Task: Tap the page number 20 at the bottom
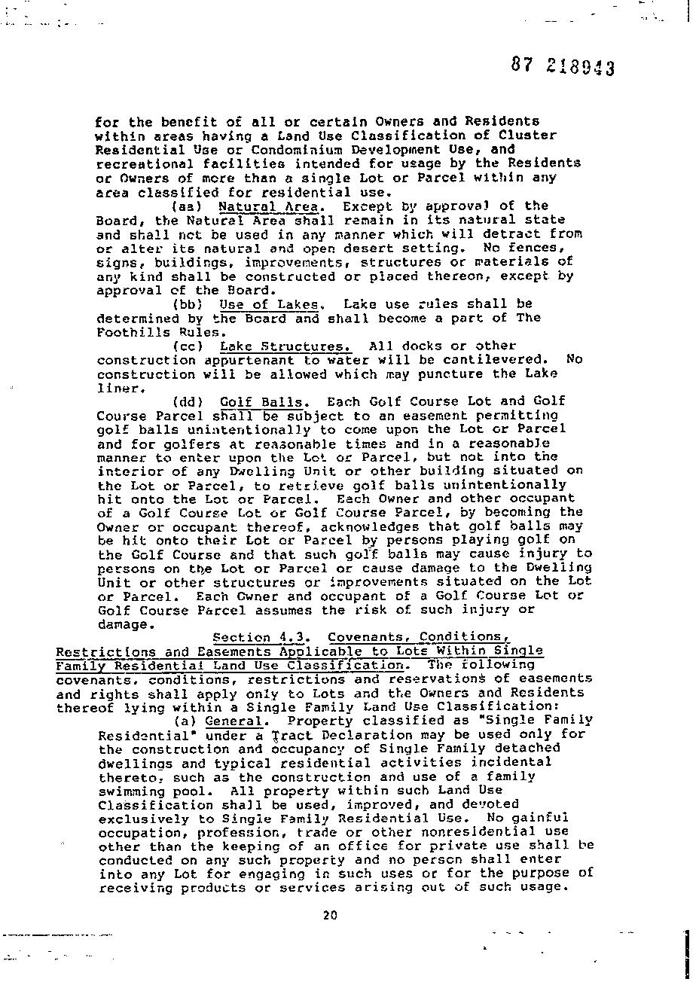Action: point(330,916)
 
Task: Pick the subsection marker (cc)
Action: point(188,346)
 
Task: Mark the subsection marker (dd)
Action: point(188,402)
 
